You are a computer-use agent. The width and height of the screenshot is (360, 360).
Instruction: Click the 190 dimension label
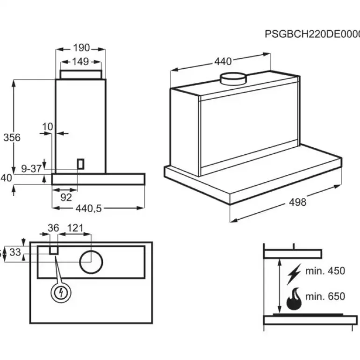81,48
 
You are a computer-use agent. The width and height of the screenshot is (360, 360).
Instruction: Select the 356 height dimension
12,137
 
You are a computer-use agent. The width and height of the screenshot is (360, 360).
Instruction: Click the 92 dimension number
66,197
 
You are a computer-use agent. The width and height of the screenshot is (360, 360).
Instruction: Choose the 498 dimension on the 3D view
297,202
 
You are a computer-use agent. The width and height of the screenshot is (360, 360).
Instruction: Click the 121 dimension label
74,228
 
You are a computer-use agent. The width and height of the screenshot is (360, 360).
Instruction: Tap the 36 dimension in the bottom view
54,228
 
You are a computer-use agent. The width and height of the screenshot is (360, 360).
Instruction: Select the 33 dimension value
15,252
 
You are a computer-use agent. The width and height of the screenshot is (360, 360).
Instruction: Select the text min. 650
325,296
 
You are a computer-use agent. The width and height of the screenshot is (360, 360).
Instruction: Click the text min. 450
325,271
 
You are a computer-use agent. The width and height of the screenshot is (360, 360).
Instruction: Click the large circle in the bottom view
91,261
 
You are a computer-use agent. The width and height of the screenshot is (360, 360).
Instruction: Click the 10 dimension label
47,127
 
